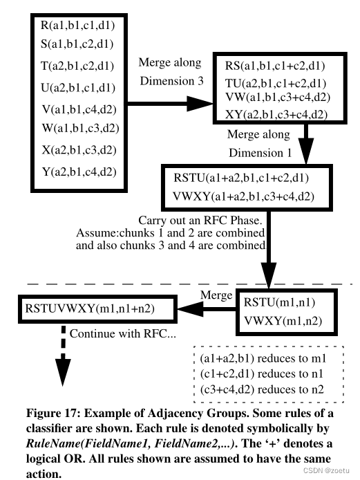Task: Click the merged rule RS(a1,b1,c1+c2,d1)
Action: point(276,67)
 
